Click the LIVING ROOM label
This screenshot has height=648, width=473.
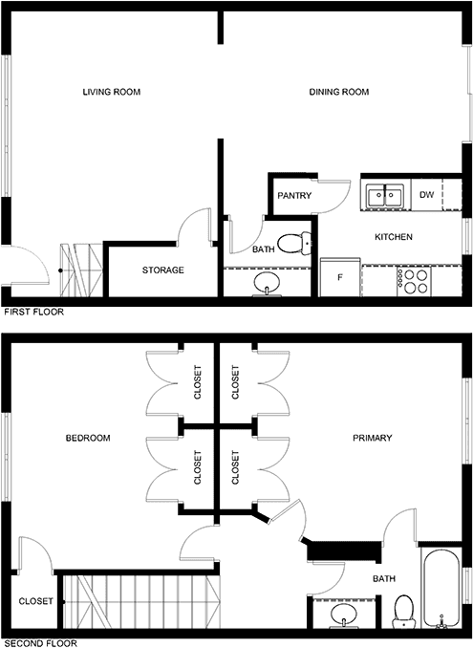coord(112,92)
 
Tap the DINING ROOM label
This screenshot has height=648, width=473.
coord(338,92)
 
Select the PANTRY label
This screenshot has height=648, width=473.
coord(294,195)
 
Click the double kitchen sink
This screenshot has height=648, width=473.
coord(385,195)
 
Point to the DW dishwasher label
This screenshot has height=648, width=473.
coord(426,194)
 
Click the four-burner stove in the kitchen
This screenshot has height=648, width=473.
coord(414,281)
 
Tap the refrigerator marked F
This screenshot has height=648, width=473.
coord(340,277)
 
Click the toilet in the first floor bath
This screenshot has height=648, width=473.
coord(294,244)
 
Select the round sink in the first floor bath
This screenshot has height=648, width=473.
coord(267,284)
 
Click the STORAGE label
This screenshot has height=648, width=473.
coord(162,270)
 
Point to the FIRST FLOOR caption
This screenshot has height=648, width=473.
coord(33,312)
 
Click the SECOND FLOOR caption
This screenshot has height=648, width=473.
coord(40,643)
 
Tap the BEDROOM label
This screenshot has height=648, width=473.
coord(88,438)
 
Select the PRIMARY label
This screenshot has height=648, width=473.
coord(373,438)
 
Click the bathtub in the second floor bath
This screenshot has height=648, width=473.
coord(441,587)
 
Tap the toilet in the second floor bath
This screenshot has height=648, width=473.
coord(403,611)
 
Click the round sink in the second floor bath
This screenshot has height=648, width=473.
coord(343,615)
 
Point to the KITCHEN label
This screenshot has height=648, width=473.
coord(394,237)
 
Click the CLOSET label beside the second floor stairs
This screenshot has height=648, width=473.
coord(36,601)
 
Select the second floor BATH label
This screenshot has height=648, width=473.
coord(384,578)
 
